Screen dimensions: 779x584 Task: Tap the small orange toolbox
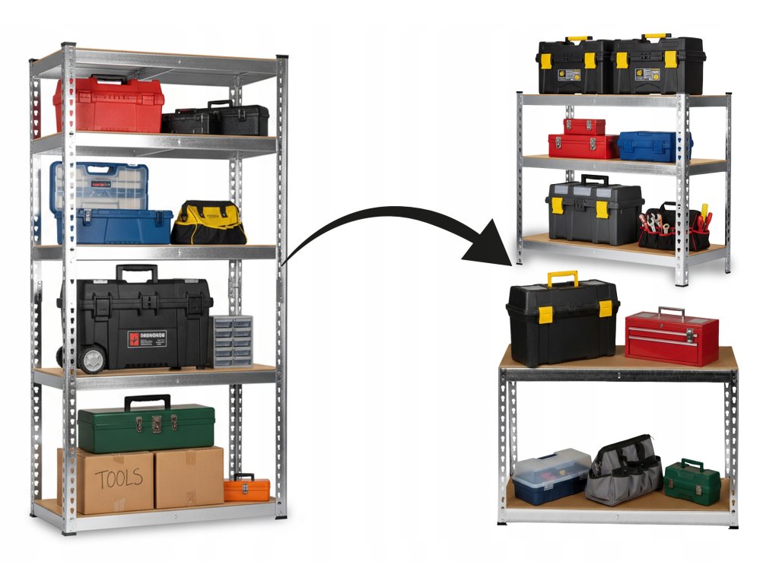pyautogui.click(x=246, y=488)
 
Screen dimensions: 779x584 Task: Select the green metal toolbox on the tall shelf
pyautogui.click(x=145, y=428)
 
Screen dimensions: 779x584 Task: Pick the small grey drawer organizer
pyautogui.click(x=232, y=341)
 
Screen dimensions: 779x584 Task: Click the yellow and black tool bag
pyautogui.click(x=208, y=224)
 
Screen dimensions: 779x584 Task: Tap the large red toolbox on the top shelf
pyautogui.click(x=108, y=104)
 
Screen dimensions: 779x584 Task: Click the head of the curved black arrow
pyautogui.click(x=494, y=247)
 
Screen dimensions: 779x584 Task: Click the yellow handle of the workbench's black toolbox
pyautogui.click(x=562, y=277)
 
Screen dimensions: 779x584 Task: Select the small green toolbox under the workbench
pyautogui.click(x=692, y=482)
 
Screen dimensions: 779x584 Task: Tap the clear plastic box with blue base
pyautogui.click(x=551, y=475)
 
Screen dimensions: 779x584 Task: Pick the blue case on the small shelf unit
pyautogui.click(x=653, y=146)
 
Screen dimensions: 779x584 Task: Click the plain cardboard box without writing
pyautogui.click(x=189, y=477)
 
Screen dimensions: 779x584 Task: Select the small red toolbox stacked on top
pyautogui.click(x=584, y=126)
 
